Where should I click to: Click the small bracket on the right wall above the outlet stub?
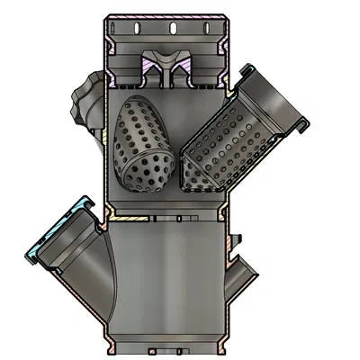point(238,238)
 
